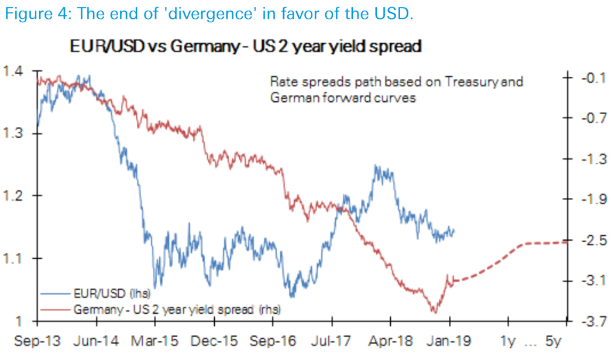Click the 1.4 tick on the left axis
[15, 72]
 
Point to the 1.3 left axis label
[15, 134]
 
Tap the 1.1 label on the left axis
[15, 258]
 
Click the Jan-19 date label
[449, 341]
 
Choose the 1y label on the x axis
[508, 341]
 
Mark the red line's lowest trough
[434, 312]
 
